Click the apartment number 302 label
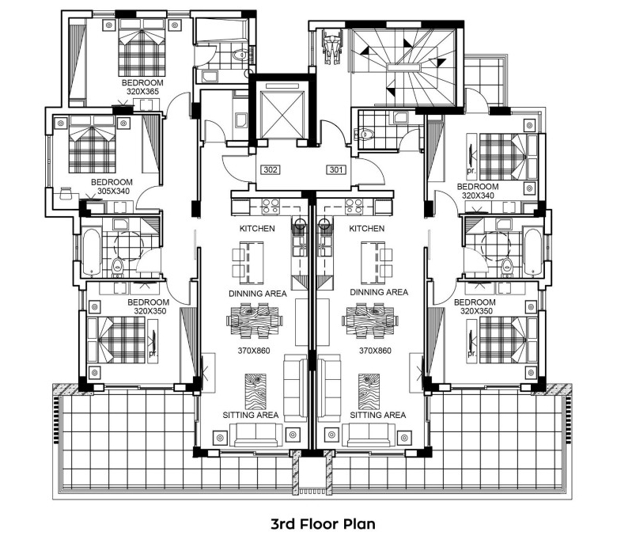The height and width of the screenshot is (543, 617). (271, 169)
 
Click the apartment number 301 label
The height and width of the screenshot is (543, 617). (336, 169)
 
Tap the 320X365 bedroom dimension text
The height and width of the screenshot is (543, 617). (142, 92)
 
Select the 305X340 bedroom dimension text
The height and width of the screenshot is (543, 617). (113, 192)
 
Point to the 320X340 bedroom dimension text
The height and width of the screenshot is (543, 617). (478, 196)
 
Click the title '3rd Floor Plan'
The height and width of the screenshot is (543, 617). (323, 524)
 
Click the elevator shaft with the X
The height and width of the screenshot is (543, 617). (283, 114)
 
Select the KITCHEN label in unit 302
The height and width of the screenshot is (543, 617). (257, 229)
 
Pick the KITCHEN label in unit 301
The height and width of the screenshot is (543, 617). (367, 229)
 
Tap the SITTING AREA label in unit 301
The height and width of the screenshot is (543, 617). (378, 415)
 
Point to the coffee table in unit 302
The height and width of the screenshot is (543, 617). (256, 391)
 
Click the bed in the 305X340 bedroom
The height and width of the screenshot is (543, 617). (93, 144)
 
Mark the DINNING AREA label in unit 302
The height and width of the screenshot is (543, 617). (258, 294)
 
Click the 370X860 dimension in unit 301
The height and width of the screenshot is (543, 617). (376, 351)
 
